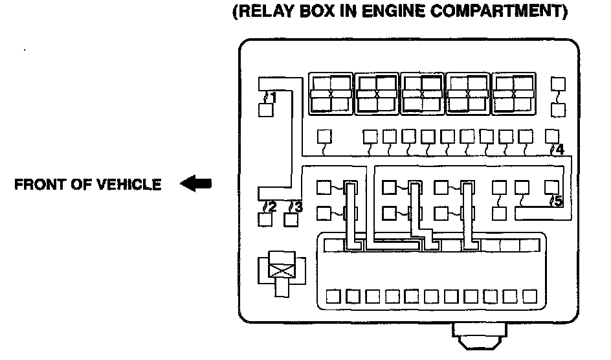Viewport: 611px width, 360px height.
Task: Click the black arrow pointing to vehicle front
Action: click(196, 185)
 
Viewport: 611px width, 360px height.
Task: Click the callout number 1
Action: click(272, 98)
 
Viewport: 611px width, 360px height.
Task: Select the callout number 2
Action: click(271, 207)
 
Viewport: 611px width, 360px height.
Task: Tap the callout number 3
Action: click(296, 207)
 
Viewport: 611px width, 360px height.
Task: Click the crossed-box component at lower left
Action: click(280, 268)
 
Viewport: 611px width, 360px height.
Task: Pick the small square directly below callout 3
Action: click(292, 219)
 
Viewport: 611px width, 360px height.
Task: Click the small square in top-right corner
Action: click(557, 84)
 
